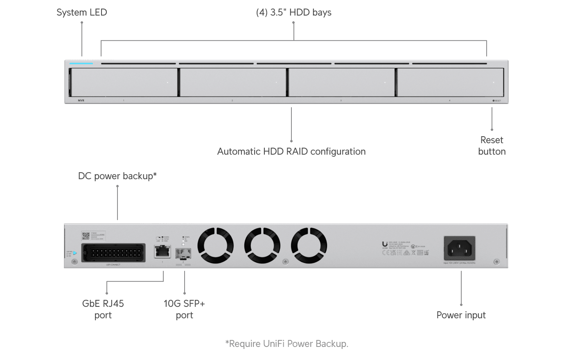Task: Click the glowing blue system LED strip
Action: pos(81,63)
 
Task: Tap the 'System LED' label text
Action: pos(81,12)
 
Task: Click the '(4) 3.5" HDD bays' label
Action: pos(293,12)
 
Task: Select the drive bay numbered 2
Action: pos(232,82)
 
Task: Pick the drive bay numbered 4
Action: pos(450,82)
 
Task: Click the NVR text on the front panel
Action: pos(81,100)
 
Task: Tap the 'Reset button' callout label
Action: pos(492,146)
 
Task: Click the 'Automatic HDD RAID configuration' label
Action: pos(291,151)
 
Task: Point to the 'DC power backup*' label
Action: pos(117,176)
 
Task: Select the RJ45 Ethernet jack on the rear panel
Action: pos(159,252)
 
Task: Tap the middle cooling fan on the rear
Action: pos(262,245)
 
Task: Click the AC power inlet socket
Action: pos(460,248)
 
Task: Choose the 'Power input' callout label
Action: pos(461,315)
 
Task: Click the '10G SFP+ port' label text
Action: pos(184,309)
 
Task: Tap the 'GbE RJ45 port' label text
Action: pos(103,309)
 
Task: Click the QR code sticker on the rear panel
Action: pos(86,236)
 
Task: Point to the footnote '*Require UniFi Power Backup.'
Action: pos(286,344)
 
